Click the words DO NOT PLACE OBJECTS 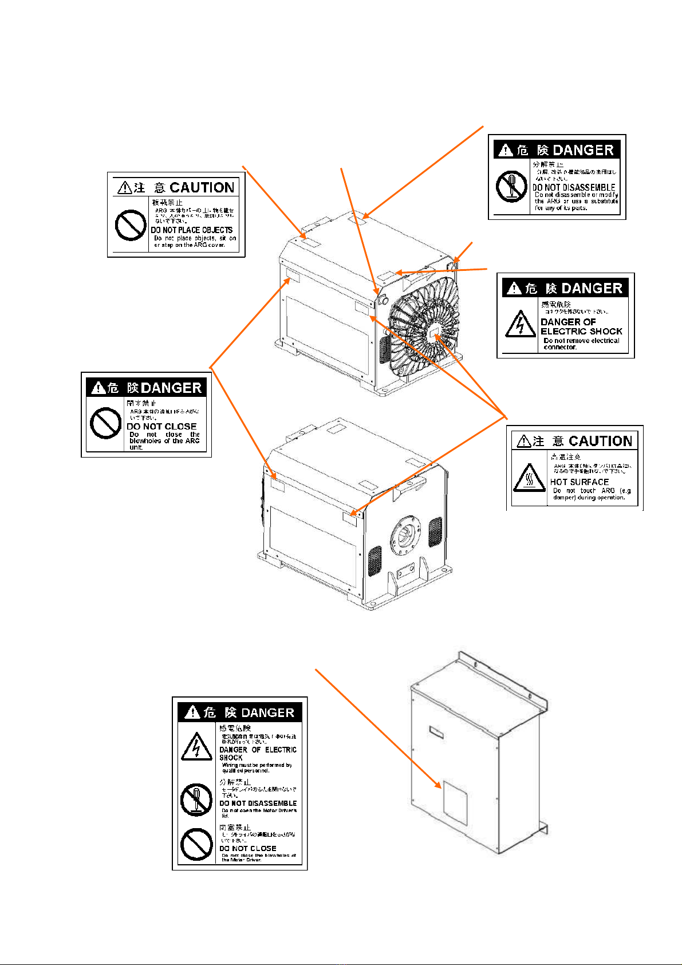coord(192,230)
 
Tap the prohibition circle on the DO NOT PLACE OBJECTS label coord(131,225)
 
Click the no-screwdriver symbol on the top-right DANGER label coord(511,187)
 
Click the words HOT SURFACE coord(579,482)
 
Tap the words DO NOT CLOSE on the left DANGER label coord(161,427)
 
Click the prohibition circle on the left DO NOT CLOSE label coord(105,423)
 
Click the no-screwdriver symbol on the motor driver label coord(196,799)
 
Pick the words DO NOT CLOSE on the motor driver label coord(248,848)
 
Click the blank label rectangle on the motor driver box coord(455,802)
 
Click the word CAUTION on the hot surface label coord(600,442)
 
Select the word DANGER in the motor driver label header coord(267,713)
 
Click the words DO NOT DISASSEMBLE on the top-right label coord(574,187)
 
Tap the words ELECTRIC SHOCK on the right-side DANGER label coord(581,332)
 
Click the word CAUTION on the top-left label coord(202,188)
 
